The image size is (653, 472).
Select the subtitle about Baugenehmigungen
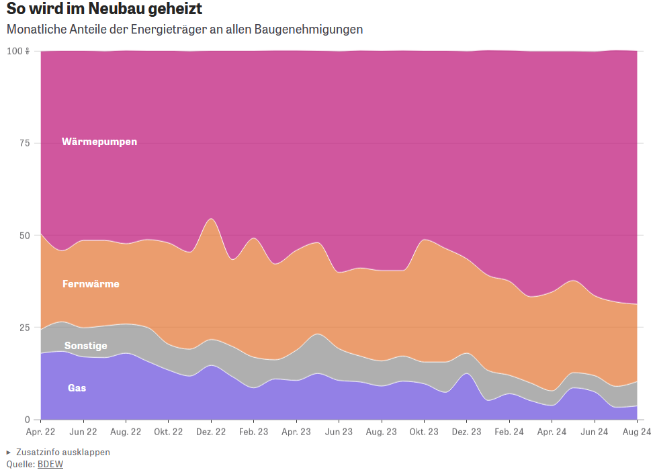[185, 30]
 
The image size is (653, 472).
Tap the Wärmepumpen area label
[99, 142]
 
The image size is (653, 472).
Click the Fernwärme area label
[91, 284]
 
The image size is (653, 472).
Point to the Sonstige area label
[85, 346]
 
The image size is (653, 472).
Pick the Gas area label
[77, 388]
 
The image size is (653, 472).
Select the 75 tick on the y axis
[24, 143]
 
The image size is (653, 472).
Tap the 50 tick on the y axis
[24, 236]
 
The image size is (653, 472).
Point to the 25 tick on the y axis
[24, 328]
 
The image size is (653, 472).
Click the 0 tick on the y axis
[28, 420]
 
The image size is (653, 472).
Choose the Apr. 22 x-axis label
[41, 432]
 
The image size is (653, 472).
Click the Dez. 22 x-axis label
[210, 432]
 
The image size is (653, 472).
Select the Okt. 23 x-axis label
[424, 432]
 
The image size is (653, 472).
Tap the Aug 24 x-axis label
[637, 432]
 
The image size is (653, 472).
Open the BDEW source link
[50, 464]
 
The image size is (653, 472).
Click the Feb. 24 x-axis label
[509, 432]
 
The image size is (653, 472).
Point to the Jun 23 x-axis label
[339, 432]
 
